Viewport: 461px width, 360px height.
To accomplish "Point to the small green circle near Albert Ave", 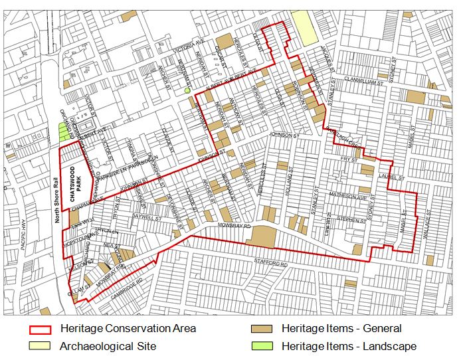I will click(x=188, y=90).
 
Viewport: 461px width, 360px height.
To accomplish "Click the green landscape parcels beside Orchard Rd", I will click(x=64, y=131).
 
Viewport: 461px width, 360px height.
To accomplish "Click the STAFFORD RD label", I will click(x=271, y=265).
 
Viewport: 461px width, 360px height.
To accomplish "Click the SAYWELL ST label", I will click(x=147, y=218).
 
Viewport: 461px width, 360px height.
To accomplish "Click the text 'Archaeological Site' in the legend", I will click(x=108, y=346).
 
